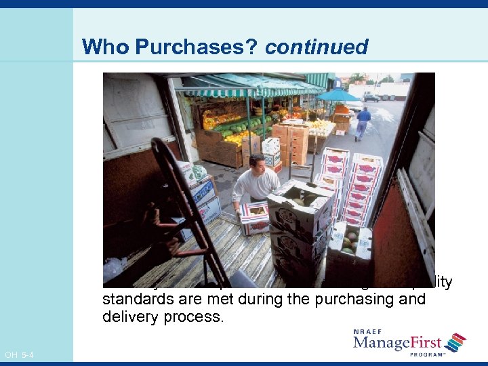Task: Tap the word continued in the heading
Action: (x=317, y=47)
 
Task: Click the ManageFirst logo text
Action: (x=396, y=344)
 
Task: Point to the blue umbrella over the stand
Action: (x=339, y=95)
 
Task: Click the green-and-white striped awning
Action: (x=251, y=86)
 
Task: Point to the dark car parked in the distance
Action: (x=371, y=98)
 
